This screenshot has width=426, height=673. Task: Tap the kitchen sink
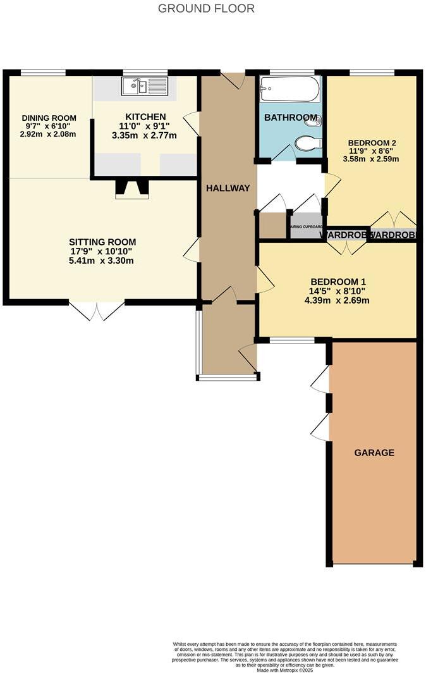pos(145,87)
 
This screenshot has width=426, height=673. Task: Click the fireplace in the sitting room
pos(132,189)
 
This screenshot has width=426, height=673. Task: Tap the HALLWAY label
pos(228,188)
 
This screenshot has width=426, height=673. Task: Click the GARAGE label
pos(374,452)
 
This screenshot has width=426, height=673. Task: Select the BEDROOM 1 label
pos(338,281)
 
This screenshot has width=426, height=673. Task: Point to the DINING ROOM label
pos(49,118)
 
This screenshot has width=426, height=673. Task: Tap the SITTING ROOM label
pos(102,242)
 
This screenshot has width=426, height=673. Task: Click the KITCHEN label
pos(145,117)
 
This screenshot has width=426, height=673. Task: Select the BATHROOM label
pos(290,118)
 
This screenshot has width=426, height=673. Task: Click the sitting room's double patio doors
pos(97,310)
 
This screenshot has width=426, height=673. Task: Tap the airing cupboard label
pos(306,226)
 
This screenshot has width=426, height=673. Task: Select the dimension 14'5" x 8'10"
pos(337,291)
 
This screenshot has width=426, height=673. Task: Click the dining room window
pos(43,72)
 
